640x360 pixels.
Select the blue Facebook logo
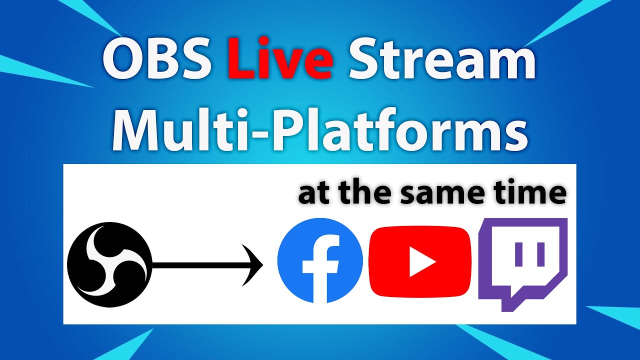click(x=320, y=261)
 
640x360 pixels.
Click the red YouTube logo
click(x=419, y=261)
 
